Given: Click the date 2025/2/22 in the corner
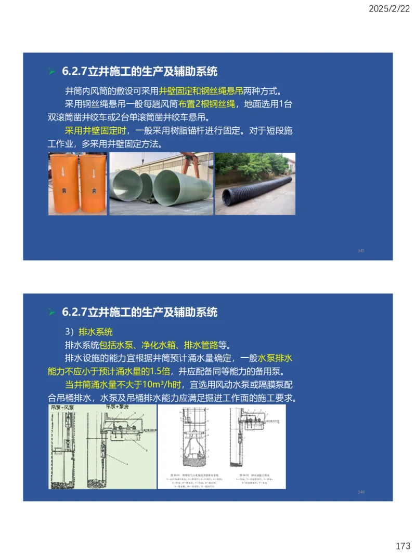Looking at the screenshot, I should pos(388,9).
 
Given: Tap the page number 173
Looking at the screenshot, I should pos(402,546).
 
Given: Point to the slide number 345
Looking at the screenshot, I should pos(361,251).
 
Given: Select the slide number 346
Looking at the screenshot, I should pos(361,492).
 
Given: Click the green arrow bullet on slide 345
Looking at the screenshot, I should pos(51,72).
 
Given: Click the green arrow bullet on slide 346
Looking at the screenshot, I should pos(51,313).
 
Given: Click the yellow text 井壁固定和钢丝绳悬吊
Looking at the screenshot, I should pos(202,91).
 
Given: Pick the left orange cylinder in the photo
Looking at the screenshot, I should pos(63,184).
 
